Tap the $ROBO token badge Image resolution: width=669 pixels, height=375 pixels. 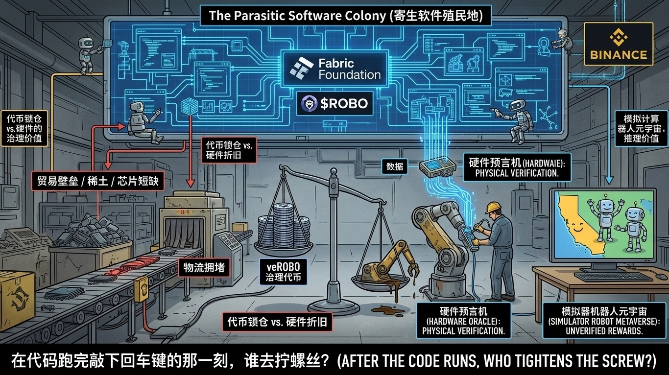(334, 104)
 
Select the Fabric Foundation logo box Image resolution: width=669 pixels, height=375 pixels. (335, 69)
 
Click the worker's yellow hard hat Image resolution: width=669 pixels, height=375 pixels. (492, 207)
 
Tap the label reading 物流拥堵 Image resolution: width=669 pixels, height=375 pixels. (204, 268)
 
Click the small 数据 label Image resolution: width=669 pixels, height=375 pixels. (394, 167)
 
